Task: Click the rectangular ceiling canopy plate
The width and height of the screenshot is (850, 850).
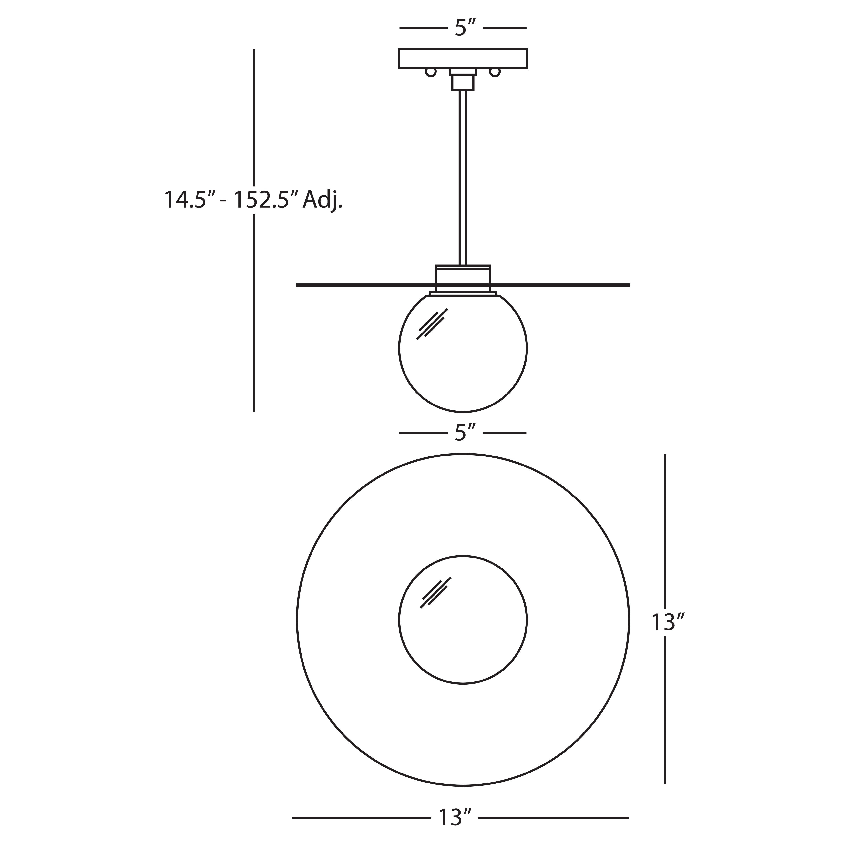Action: [463, 58]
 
